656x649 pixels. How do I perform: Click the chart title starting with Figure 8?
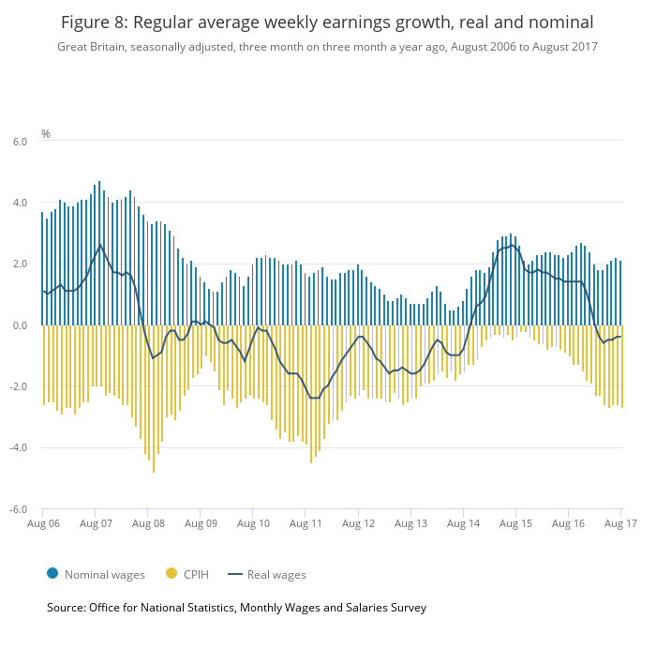(327, 21)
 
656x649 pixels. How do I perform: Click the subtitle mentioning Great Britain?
(327, 46)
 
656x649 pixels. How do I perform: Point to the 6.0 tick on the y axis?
(19, 141)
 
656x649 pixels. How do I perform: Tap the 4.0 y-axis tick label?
(19, 203)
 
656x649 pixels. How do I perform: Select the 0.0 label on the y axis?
(19, 325)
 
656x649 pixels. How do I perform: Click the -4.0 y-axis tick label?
(18, 448)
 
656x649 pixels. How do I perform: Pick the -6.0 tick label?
(18, 510)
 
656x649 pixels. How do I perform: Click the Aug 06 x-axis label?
(43, 523)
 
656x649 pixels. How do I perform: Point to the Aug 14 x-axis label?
(463, 523)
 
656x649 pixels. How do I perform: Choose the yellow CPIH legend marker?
(171, 574)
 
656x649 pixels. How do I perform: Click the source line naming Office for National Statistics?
(236, 608)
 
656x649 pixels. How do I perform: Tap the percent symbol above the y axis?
(46, 134)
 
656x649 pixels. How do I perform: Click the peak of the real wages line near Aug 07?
(100, 245)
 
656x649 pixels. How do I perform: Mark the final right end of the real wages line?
(620, 337)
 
